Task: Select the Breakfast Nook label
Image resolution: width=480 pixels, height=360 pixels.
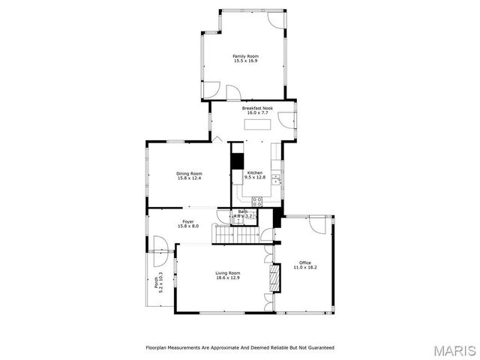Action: (x=257, y=108)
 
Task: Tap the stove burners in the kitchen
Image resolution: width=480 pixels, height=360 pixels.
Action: (x=257, y=200)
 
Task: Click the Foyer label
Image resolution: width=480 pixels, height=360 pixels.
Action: (x=189, y=221)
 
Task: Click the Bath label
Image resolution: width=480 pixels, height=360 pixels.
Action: (x=243, y=212)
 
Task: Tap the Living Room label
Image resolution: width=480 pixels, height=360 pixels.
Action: (x=227, y=272)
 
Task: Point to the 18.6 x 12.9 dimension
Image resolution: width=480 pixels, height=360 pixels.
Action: (x=227, y=277)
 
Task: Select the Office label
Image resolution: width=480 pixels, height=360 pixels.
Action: (x=305, y=262)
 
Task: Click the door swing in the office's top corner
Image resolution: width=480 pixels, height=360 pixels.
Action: (x=324, y=224)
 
